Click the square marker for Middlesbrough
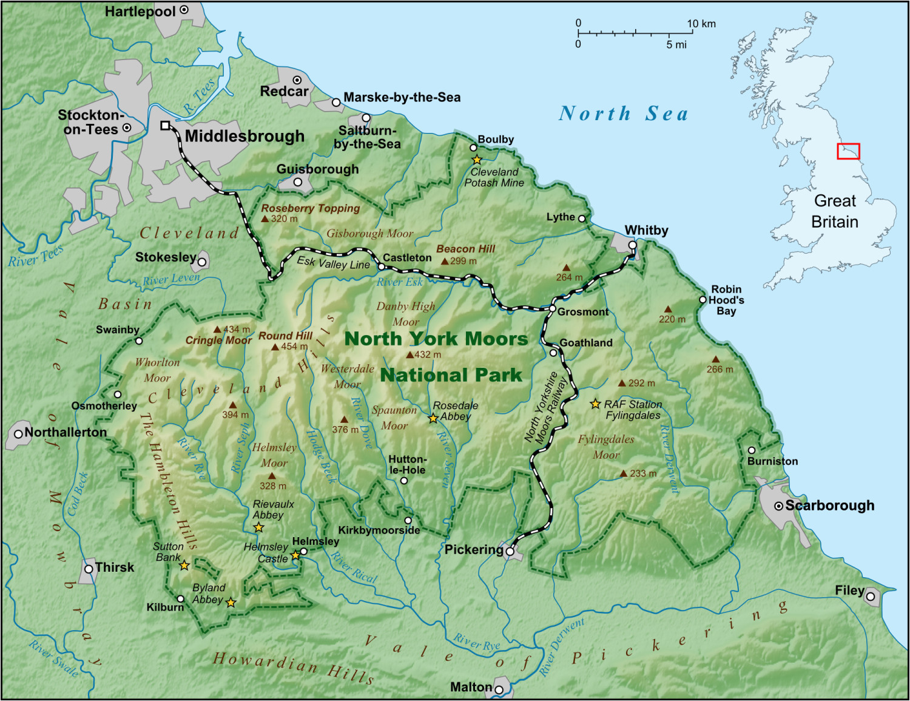[165, 126]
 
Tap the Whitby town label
[646, 231]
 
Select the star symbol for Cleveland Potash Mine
[477, 160]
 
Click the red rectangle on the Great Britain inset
[848, 151]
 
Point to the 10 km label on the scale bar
[701, 24]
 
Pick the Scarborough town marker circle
[778, 506]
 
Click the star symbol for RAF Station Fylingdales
[596, 404]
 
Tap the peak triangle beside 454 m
[275, 347]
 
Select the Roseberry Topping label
[310, 208]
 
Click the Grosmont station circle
[553, 309]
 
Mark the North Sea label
[623, 113]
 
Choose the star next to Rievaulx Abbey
[258, 527]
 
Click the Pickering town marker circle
[510, 552]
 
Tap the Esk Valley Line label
[333, 263]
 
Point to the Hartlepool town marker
[184, 10]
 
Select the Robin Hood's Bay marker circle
[703, 299]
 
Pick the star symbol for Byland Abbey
[231, 603]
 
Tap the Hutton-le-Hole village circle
[404, 481]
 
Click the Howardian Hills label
[293, 666]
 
